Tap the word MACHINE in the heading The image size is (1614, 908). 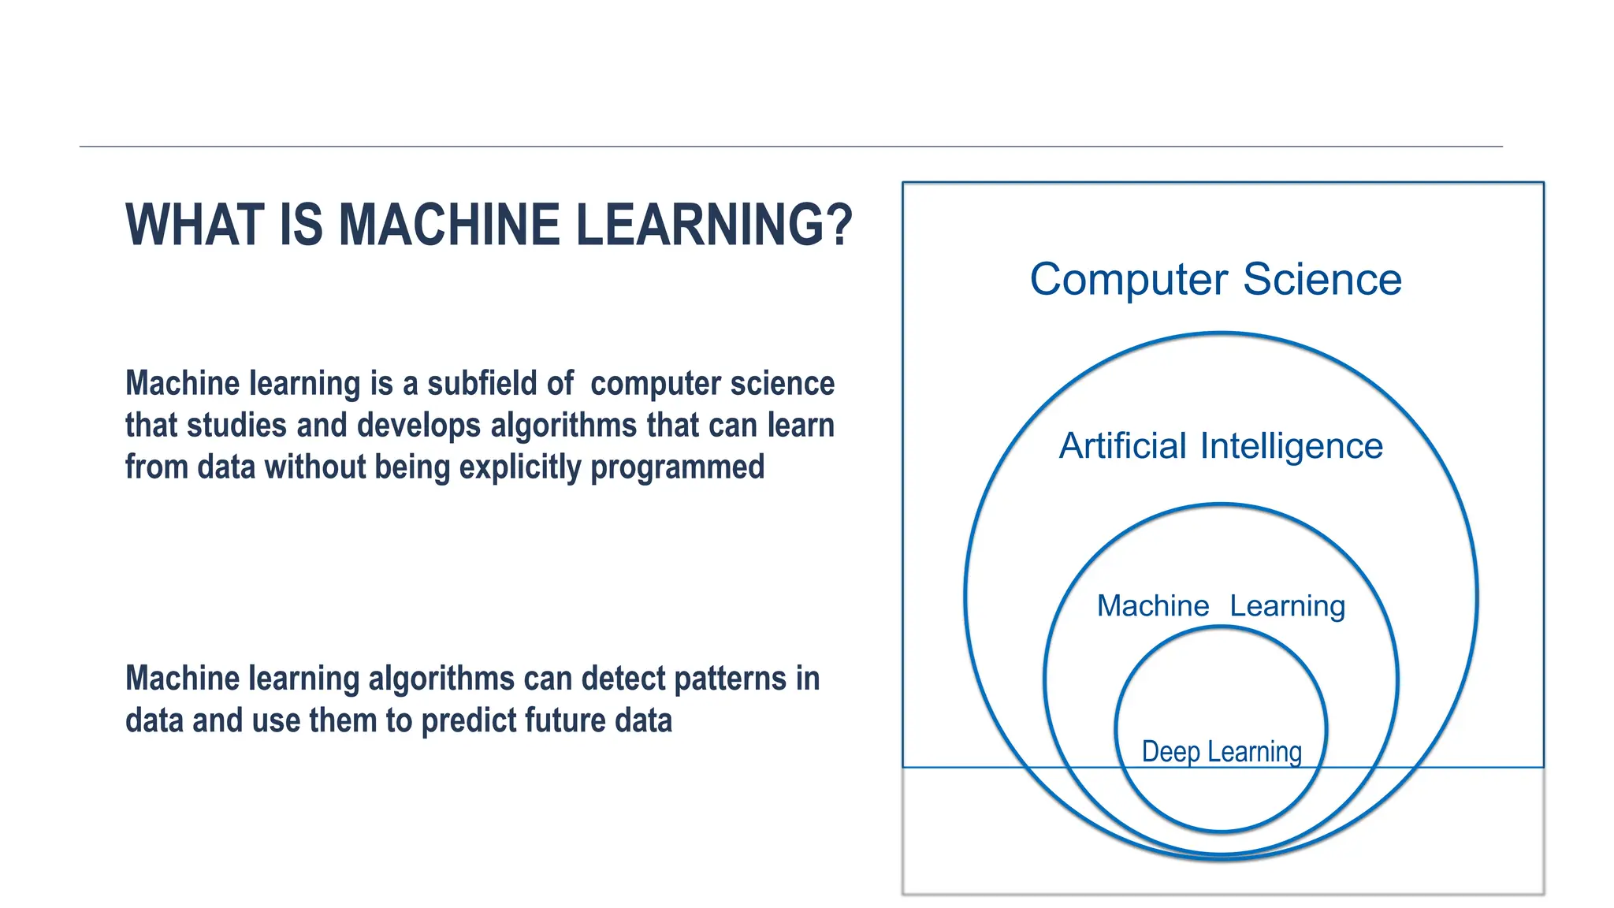[x=448, y=225]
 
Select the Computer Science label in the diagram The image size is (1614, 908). [x=1215, y=280]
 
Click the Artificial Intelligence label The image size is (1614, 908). [x=1221, y=446]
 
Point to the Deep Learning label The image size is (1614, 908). [x=1222, y=752]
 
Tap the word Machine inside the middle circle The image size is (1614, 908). [x=1153, y=606]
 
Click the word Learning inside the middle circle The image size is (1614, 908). [x=1287, y=606]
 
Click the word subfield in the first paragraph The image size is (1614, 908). [x=500, y=384]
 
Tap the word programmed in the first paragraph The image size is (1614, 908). [x=677, y=467]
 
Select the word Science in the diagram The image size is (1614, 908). [x=1322, y=280]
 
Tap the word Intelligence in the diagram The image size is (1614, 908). [x=1291, y=447]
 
